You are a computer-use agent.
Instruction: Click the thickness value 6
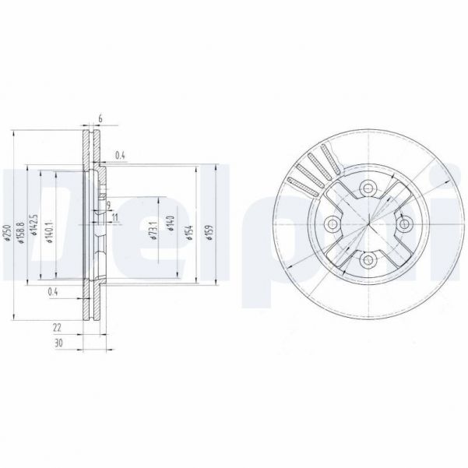(x=100, y=118)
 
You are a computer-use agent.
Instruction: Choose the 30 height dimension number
(x=58, y=343)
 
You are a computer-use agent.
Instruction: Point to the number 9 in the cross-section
(x=109, y=204)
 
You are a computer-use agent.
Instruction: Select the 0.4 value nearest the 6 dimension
(x=120, y=155)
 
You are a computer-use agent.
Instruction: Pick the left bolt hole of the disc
(x=332, y=224)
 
